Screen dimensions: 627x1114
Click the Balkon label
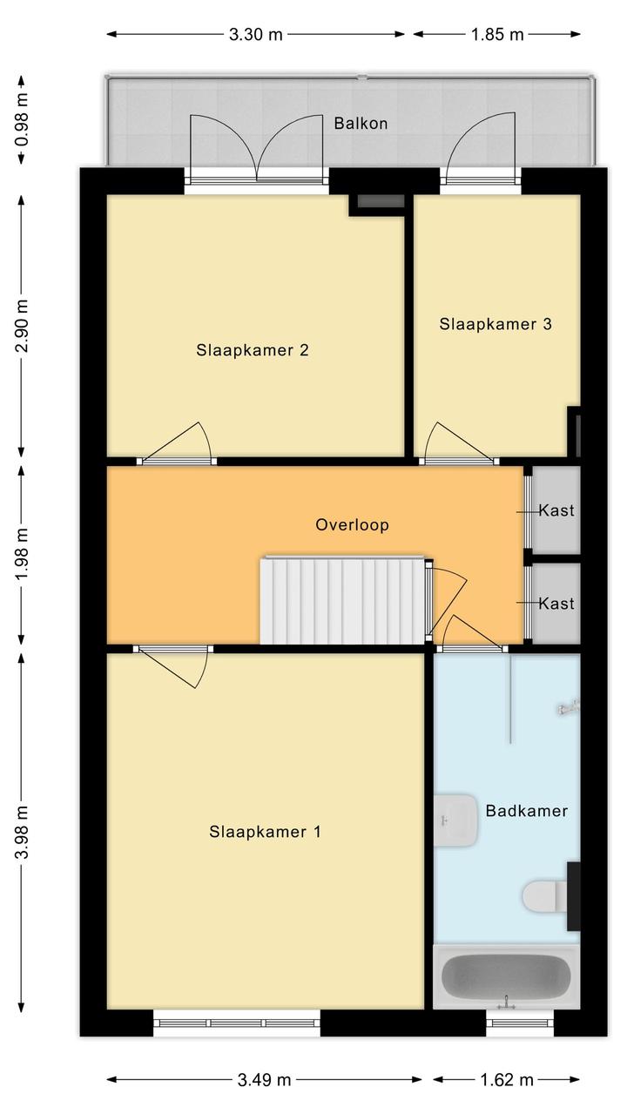coord(361,123)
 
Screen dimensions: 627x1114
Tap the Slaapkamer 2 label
coord(252,350)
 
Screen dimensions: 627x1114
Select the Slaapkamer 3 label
coord(496,324)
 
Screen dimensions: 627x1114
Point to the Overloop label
coord(352,524)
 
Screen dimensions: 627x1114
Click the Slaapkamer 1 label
coord(265,832)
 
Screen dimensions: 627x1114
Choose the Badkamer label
coord(527,811)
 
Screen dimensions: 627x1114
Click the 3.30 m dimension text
coord(255,34)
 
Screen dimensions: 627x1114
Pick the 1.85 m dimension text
coord(497,34)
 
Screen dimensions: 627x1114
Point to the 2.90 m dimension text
coord(22,326)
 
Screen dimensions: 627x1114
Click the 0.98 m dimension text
coord(22,119)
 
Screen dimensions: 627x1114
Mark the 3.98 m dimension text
coord(22,833)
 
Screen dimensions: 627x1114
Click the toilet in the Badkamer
coord(544,896)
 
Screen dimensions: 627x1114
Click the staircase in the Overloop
coord(343,600)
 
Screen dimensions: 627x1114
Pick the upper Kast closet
coord(556,510)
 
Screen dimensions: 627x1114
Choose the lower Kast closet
coord(556,604)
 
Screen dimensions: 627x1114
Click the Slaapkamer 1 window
coord(237,1023)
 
